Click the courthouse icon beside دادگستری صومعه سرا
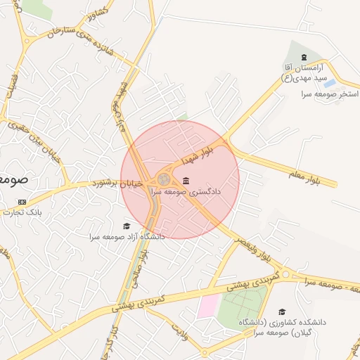186,181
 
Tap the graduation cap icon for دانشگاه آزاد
127,226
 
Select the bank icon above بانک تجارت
21,202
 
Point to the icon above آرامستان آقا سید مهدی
303,57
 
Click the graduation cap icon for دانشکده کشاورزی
282,311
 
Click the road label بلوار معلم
313,176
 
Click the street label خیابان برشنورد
117,184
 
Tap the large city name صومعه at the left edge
13,179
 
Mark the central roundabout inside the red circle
164,180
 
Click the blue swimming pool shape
329,83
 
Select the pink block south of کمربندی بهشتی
208,306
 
